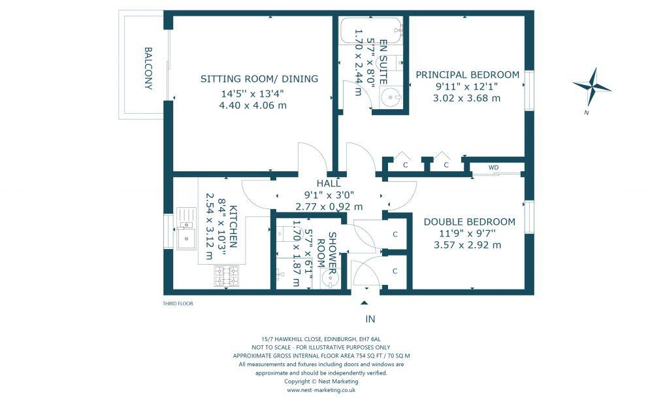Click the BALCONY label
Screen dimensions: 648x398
pos(148,68)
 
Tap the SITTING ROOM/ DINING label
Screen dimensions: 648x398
pos(259,78)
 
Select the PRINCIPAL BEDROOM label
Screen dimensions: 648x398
pos(468,75)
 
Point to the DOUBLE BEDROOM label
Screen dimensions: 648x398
pos(470,222)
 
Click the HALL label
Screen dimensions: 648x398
pos(329,183)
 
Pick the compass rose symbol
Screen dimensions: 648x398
pos(592,86)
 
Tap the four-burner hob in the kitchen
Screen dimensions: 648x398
pos(227,276)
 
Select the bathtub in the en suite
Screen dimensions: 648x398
pos(370,30)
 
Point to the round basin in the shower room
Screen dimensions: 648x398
pos(330,278)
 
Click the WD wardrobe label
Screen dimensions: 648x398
pos(493,167)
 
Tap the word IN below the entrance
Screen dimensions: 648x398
pos(370,319)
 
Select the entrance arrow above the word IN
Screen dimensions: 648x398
pos(364,303)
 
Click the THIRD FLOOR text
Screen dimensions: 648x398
pos(178,303)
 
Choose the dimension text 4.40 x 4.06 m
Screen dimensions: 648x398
pos(253,105)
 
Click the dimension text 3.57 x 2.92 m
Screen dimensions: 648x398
pos(468,245)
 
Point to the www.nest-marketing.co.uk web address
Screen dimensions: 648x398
pos(321,390)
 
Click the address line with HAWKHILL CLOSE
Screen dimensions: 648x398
pos(321,339)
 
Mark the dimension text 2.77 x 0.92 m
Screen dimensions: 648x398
pos(329,207)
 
